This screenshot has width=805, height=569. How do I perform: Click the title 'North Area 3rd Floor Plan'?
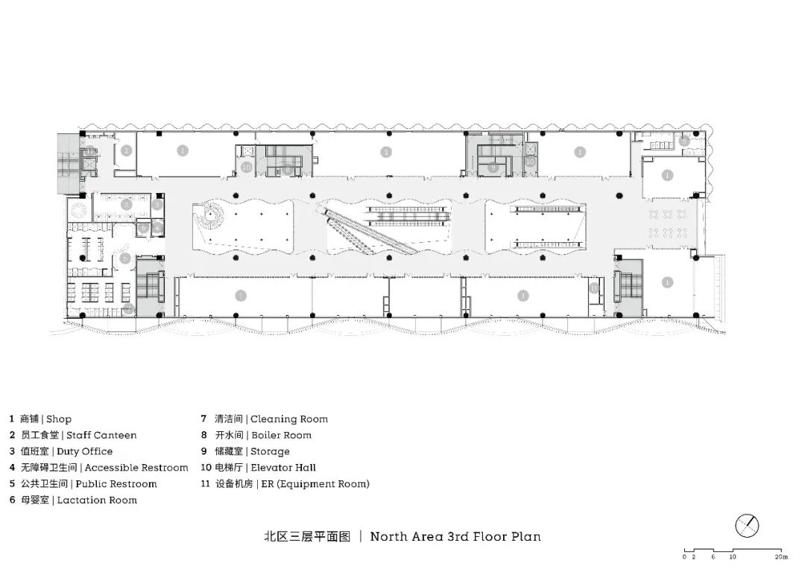pos(455,536)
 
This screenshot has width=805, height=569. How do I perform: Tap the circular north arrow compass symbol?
pos(747,526)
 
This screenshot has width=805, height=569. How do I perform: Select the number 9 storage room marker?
pos(493,168)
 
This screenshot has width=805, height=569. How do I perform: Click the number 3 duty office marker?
pos(157,204)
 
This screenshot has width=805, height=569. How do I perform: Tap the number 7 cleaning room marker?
pos(129,308)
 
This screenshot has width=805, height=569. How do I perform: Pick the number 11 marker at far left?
pos(89,152)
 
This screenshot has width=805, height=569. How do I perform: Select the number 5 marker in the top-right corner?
pos(684,141)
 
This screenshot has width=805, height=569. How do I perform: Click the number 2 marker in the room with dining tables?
pos(127,204)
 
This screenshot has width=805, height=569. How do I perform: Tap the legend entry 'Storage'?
pos(270,451)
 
